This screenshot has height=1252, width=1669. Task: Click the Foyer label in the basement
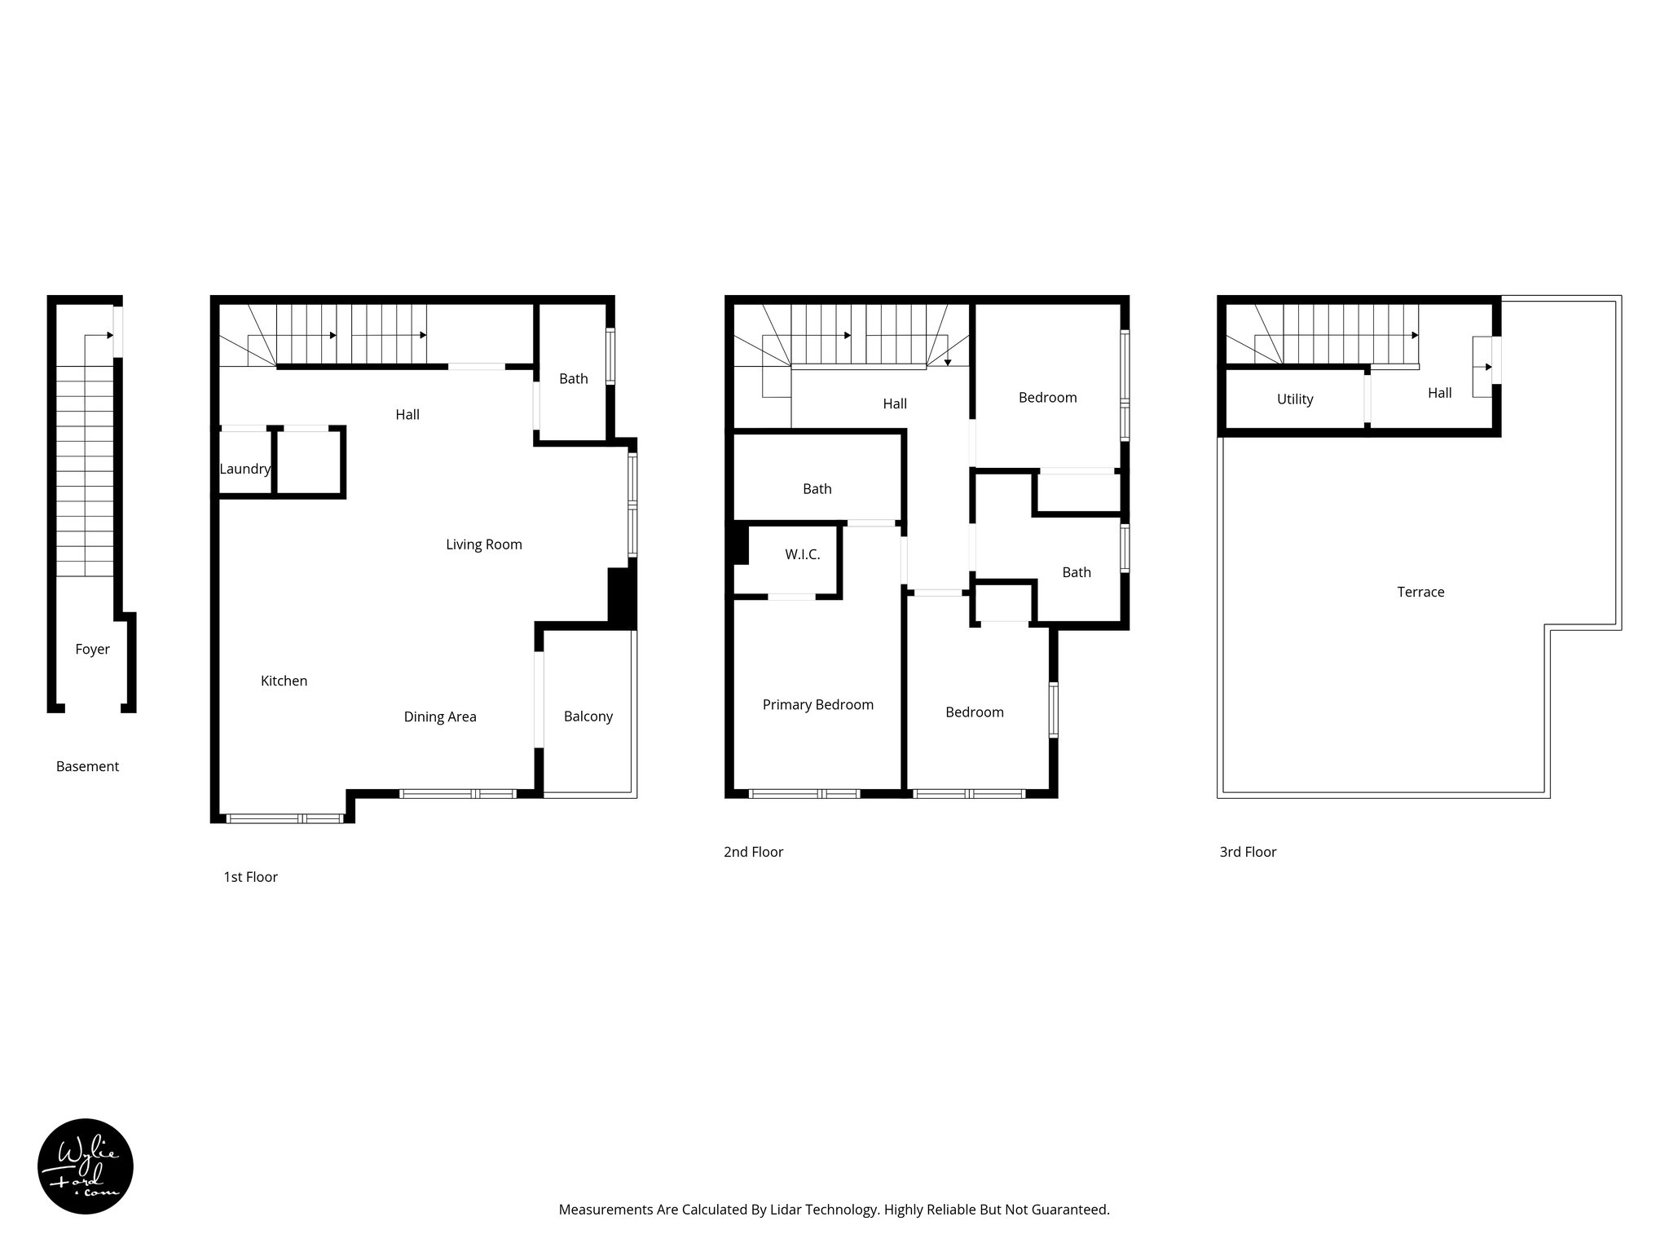click(92, 650)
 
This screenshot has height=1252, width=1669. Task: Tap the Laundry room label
click(244, 469)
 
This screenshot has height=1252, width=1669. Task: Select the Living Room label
click(483, 544)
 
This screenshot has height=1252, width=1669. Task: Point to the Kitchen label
click(284, 681)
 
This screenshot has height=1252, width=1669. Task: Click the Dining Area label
click(440, 716)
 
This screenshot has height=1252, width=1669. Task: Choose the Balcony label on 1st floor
click(588, 716)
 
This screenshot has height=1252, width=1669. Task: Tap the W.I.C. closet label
click(802, 554)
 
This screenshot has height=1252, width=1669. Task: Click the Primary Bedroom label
click(817, 705)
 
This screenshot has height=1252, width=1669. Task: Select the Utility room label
click(1294, 399)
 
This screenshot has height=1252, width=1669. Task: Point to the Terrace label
click(1420, 593)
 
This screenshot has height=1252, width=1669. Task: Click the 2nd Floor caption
click(753, 852)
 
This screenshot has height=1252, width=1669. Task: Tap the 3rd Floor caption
click(1248, 852)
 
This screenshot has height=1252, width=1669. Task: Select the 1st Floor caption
click(250, 877)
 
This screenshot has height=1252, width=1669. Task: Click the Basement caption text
click(87, 766)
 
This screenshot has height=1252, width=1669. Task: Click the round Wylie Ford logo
click(86, 1166)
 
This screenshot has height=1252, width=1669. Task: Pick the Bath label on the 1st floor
click(573, 378)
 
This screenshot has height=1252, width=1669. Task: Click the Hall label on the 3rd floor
click(1439, 393)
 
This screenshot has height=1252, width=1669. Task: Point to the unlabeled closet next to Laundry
click(309, 462)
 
